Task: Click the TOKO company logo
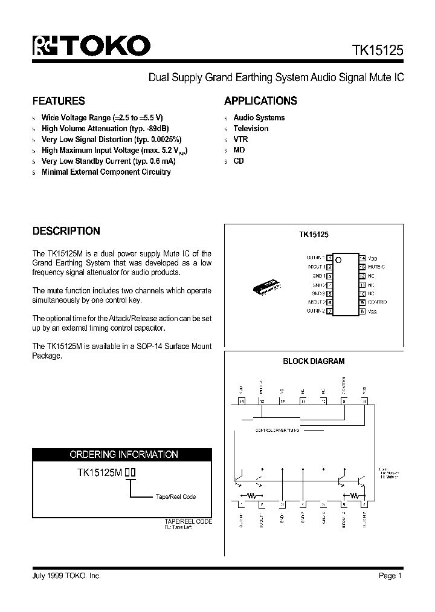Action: tap(91, 46)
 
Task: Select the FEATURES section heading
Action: tap(59, 101)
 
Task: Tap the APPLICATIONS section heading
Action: tap(260, 101)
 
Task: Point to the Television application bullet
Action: tap(251, 128)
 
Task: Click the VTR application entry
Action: tap(240, 139)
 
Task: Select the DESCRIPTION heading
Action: tap(66, 231)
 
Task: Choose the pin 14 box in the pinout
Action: tap(362, 258)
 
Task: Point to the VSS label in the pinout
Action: tap(372, 311)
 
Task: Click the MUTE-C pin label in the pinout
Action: tap(376, 267)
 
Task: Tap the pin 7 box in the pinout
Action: tap(329, 311)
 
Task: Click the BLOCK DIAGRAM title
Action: tap(314, 361)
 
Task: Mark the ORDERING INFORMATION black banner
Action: tap(122, 454)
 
